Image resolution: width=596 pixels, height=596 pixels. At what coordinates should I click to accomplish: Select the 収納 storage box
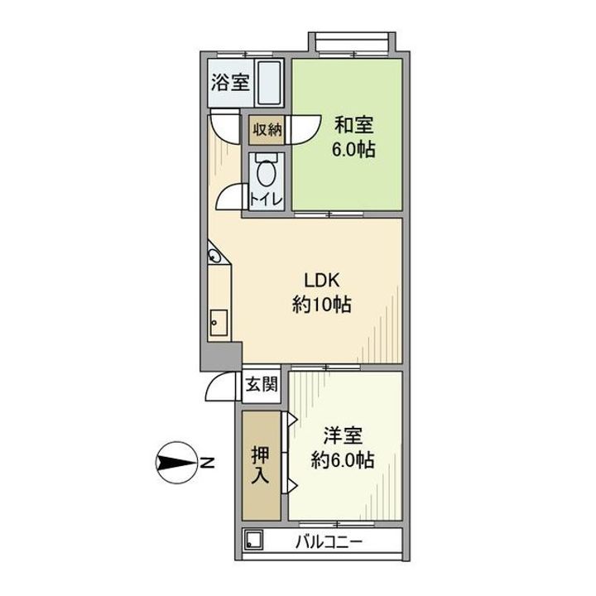pyautogui.click(x=267, y=129)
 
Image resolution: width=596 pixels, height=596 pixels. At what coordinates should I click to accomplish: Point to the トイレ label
pyautogui.click(x=267, y=200)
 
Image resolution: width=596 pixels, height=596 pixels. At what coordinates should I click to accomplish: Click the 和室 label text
pyautogui.click(x=353, y=127)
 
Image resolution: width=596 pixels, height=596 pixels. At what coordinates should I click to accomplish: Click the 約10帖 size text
pyautogui.click(x=321, y=305)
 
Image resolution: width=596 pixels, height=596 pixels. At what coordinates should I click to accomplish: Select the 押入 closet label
pyautogui.click(x=262, y=466)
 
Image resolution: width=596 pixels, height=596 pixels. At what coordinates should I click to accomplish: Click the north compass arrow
pyautogui.click(x=175, y=462)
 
